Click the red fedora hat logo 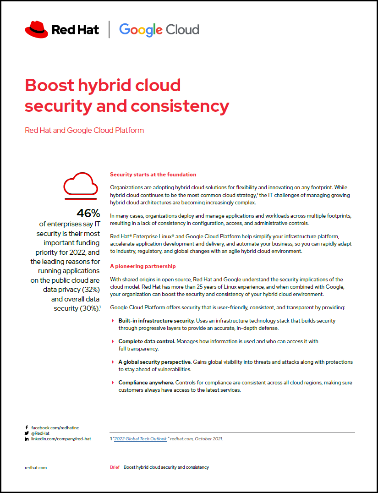coord(37,30)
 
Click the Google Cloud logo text coord(159,30)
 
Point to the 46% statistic coord(88,213)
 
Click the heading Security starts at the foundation coord(153,175)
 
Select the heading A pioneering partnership coord(142,266)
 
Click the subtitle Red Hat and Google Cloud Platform coord(84,130)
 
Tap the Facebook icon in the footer coord(27,427)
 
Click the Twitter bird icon coord(27,433)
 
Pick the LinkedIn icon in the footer coord(27,439)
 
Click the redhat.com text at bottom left coord(36,467)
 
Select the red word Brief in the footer coord(115,467)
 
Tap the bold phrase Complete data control coord(147,341)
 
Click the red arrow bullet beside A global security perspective coord(113,362)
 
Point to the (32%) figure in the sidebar coord(90,290)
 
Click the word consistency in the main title coord(180,106)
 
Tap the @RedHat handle coord(40,433)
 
